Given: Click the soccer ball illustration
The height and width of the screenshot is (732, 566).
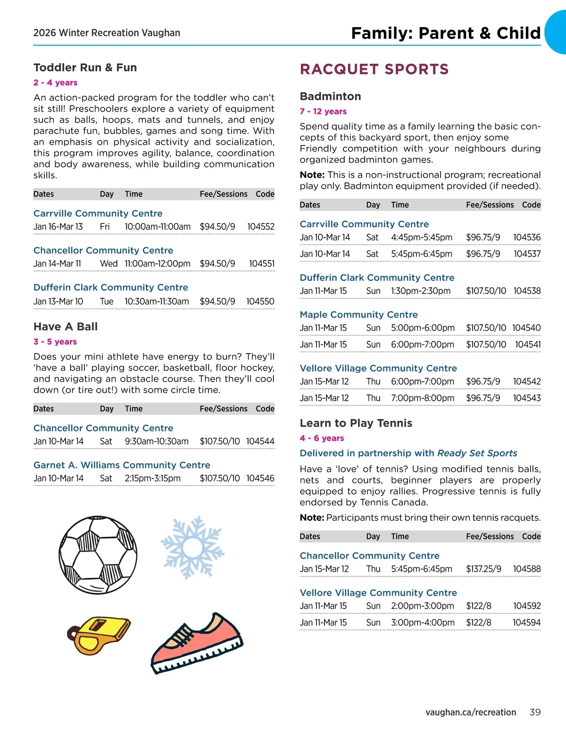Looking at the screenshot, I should [x=98, y=555].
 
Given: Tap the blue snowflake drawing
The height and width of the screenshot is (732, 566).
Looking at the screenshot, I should [x=192, y=547].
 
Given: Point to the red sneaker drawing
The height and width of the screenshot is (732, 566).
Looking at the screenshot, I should [x=197, y=642].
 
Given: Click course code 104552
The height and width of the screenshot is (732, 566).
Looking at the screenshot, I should [x=260, y=227].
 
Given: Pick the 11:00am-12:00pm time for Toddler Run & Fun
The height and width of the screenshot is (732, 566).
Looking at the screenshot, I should [x=158, y=263].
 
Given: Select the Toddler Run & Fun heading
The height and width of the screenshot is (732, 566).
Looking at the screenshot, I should [x=85, y=67].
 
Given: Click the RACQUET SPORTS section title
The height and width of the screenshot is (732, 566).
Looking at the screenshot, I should [x=374, y=69].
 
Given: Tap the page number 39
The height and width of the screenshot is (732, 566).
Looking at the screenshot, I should [x=535, y=712].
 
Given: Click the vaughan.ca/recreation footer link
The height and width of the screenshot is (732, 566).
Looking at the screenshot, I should [x=470, y=712].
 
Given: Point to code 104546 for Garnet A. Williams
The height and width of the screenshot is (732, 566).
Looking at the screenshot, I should [x=260, y=478].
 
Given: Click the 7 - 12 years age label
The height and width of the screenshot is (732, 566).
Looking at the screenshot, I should [x=323, y=111].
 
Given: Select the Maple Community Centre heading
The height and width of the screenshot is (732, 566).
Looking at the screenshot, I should [x=358, y=314].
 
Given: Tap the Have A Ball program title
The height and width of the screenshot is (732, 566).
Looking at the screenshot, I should [x=66, y=327].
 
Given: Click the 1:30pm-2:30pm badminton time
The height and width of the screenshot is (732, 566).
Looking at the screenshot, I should [x=421, y=291].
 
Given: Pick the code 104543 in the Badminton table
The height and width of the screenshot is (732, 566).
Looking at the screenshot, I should [x=527, y=398].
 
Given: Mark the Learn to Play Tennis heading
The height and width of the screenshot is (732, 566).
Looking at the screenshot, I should [x=356, y=423].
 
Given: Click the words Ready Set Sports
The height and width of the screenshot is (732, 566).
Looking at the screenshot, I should [x=477, y=453].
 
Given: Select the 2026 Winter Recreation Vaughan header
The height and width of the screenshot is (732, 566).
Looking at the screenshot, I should [x=107, y=33].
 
